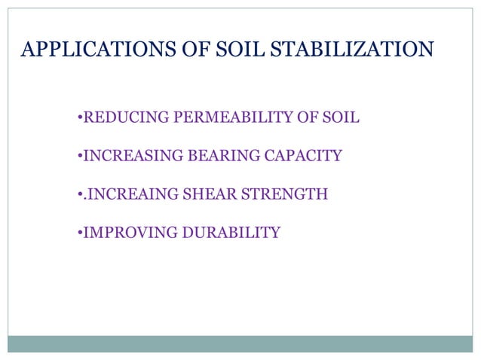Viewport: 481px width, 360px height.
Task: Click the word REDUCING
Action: tap(126, 118)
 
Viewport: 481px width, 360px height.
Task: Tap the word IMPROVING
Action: tap(129, 233)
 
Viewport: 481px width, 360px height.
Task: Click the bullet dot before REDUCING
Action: tap(79, 119)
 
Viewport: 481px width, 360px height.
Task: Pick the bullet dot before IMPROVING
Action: tap(79, 233)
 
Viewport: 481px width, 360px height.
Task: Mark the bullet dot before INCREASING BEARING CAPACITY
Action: tap(79, 157)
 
